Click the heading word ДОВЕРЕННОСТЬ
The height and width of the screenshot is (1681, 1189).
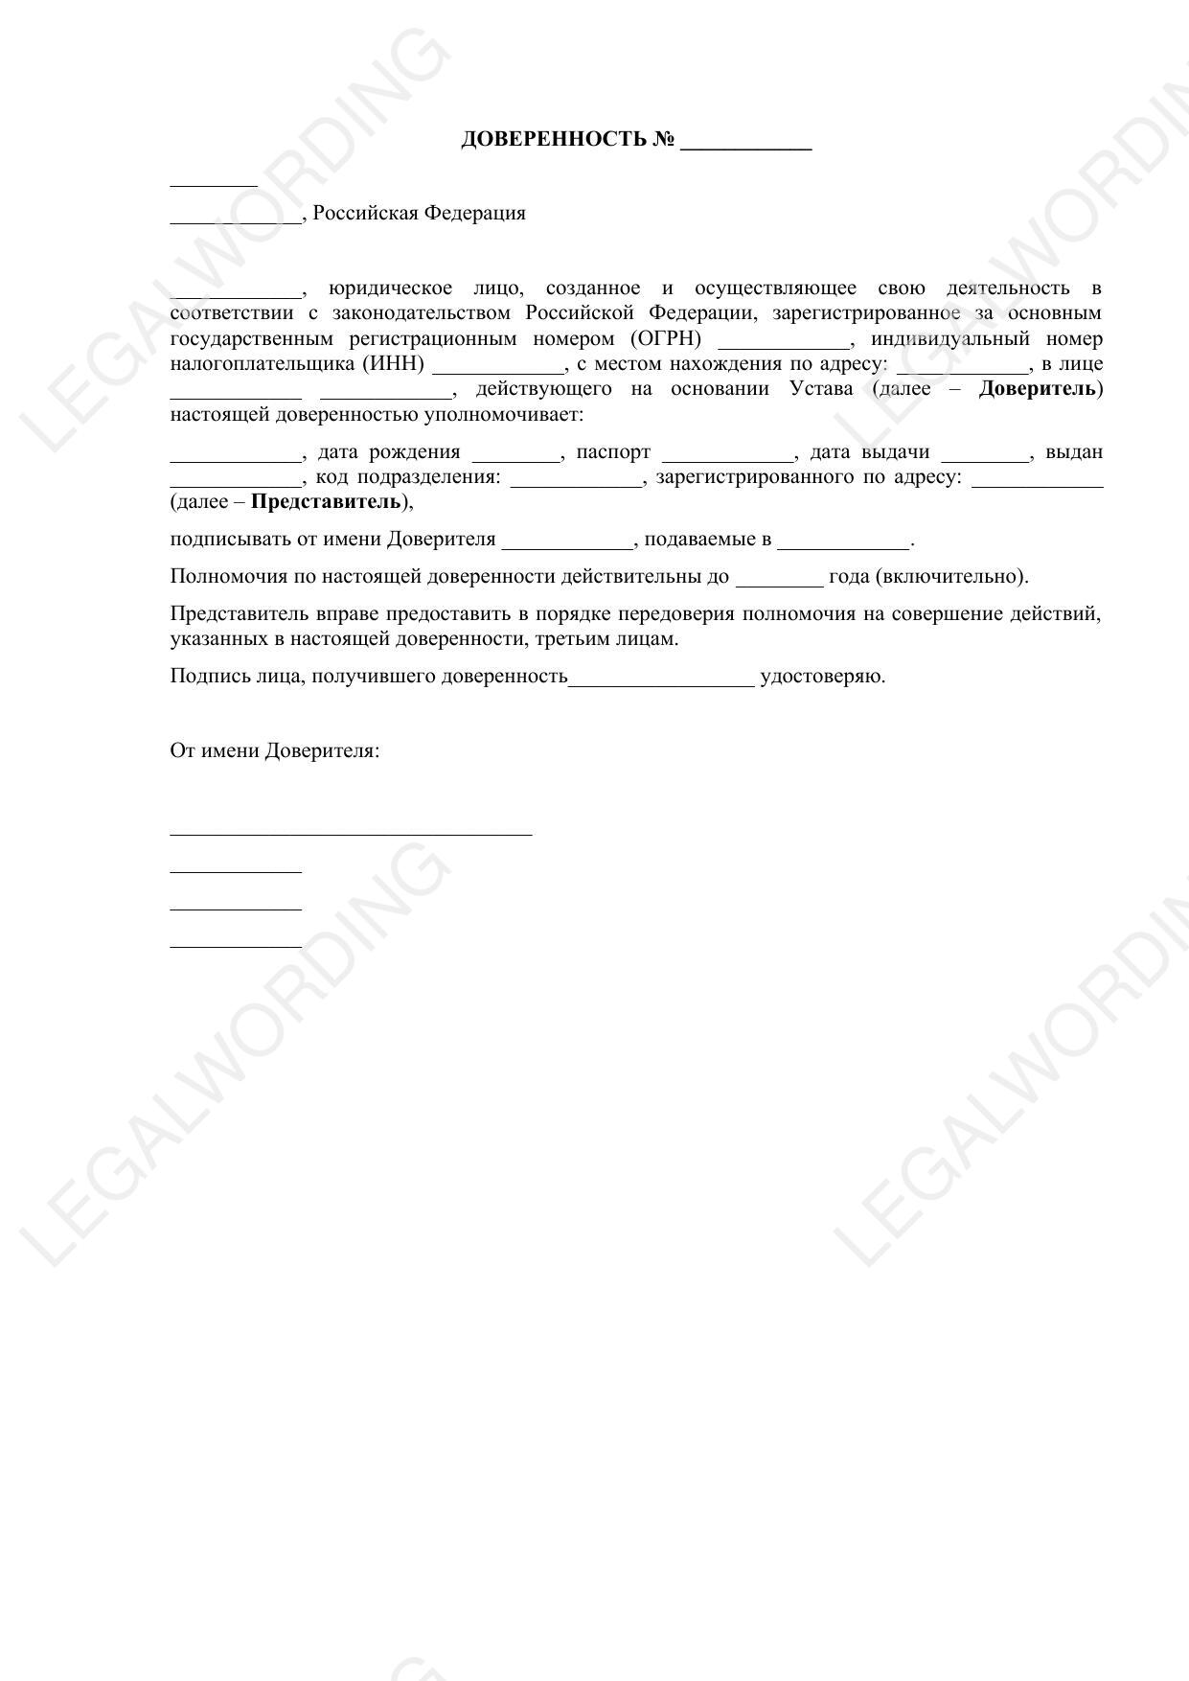pos(554,139)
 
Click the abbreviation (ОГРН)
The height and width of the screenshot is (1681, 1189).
pos(666,338)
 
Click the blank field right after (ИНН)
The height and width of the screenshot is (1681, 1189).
pos(498,370)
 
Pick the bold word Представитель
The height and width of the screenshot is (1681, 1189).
pos(326,501)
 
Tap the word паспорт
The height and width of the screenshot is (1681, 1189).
pos(613,451)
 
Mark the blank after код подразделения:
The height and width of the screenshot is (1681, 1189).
pos(577,483)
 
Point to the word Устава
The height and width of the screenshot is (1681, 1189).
pos(821,388)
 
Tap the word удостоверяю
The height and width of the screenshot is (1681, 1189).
pos(822,676)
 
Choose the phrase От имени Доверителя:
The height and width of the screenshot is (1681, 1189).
pos(275,750)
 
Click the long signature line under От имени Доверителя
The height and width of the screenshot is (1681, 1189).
pos(351,834)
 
